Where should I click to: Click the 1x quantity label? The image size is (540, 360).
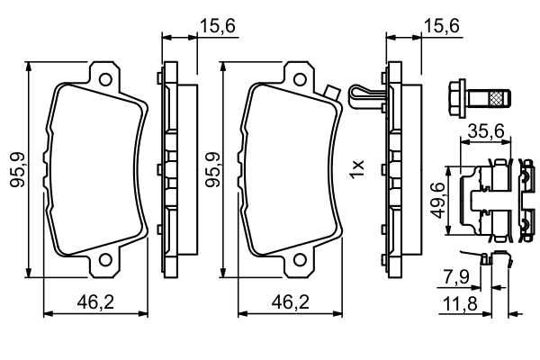356,166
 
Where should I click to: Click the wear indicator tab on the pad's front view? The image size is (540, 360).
330,92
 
